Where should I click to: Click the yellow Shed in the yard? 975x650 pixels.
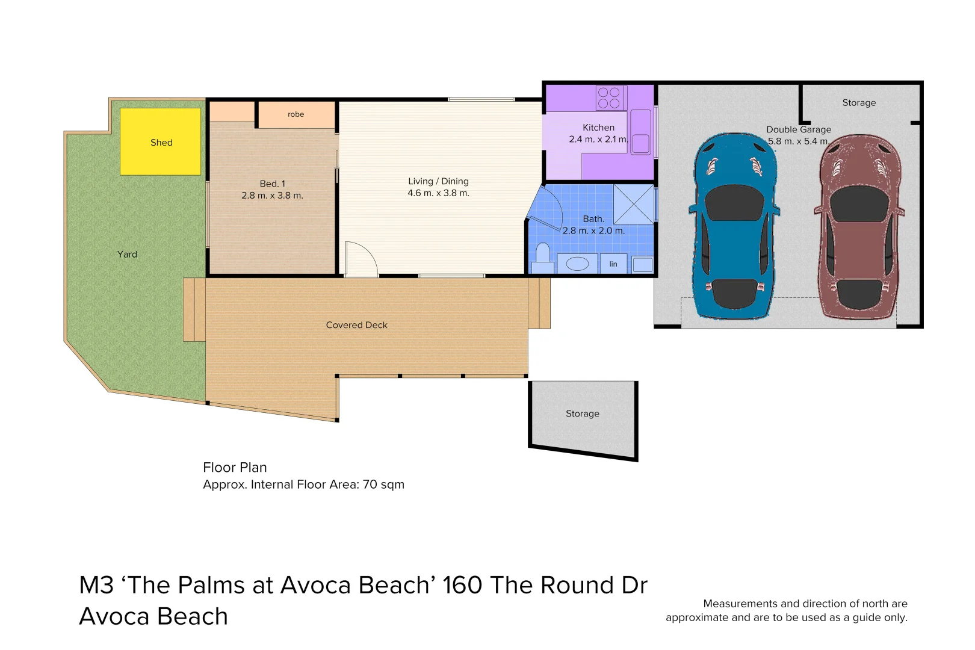(160, 142)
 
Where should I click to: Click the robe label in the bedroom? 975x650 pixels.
(296, 114)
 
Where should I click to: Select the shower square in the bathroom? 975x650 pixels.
(633, 204)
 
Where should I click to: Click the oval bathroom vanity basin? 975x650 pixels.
(577, 264)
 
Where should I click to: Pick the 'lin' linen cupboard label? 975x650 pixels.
(613, 264)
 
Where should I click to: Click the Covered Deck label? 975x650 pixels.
(356, 325)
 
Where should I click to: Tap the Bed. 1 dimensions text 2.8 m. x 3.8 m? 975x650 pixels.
(272, 196)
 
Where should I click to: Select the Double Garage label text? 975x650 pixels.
(799, 129)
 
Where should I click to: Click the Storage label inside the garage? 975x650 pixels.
(859, 103)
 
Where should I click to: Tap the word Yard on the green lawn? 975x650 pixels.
(127, 255)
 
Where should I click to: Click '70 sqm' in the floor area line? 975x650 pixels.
(383, 484)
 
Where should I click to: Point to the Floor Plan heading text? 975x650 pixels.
(235, 468)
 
